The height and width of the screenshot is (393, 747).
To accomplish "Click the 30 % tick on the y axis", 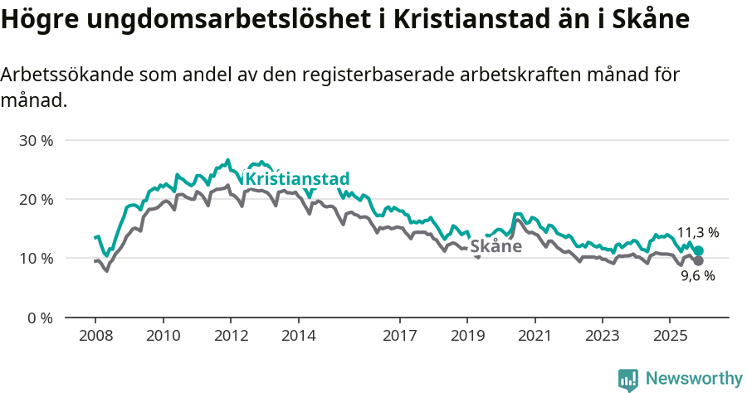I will (x=36, y=140).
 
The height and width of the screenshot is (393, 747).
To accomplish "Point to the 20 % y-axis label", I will (x=36, y=199).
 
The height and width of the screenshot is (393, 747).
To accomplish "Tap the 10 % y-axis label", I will (x=36, y=258).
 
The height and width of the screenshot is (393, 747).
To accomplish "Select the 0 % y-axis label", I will (x=39, y=318).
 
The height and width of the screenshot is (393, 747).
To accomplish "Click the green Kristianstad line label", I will (x=298, y=179).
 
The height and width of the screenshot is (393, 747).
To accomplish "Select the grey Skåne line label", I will (x=496, y=246).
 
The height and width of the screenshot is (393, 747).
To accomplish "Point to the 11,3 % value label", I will (x=697, y=232).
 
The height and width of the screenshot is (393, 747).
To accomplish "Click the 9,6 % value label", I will (x=697, y=276).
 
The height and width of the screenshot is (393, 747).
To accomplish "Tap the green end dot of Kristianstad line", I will (x=698, y=250).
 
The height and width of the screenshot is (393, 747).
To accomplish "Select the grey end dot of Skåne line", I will (x=698, y=261).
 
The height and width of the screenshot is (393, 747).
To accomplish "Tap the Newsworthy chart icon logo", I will (x=628, y=379).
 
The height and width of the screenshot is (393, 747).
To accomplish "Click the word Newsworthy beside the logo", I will (x=693, y=379).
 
